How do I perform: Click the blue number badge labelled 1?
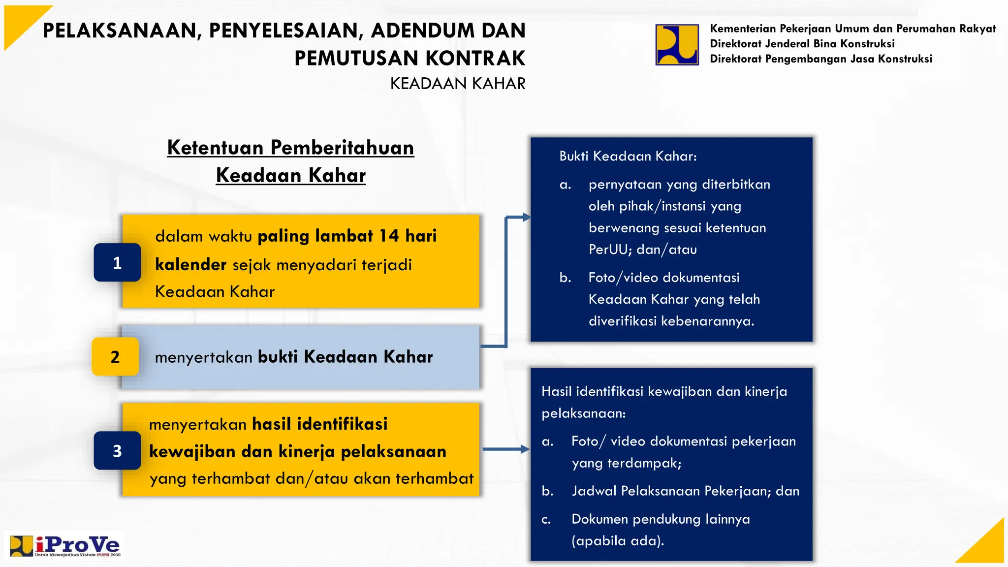(117, 262)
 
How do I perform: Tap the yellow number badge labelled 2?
(115, 356)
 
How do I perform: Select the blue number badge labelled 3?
(117, 450)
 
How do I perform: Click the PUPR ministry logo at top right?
(677, 45)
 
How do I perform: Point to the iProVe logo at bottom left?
(65, 546)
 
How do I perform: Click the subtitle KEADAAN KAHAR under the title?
(457, 84)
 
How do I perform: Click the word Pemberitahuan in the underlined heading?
(342, 148)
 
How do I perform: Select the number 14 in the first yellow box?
(389, 236)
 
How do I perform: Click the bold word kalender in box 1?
(190, 265)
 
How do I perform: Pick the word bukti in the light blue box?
(278, 357)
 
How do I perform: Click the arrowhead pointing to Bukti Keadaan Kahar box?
(526, 217)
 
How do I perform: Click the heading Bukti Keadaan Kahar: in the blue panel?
(628, 157)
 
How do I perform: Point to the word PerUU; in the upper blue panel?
(610, 250)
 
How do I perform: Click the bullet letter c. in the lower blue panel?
(546, 519)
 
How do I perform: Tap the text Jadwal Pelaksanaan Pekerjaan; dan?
(685, 491)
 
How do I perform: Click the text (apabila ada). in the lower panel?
(618, 541)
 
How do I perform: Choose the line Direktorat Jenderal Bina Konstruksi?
(802, 44)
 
